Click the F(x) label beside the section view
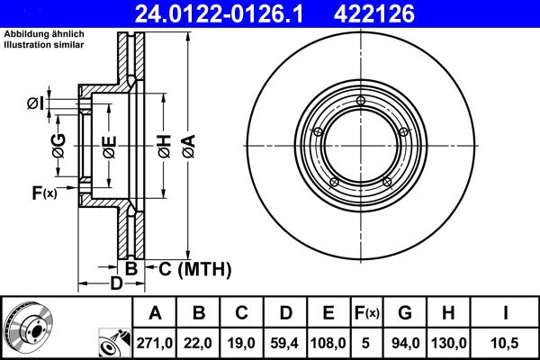click(x=43, y=192)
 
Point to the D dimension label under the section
click(x=116, y=284)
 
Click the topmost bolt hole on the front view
click(x=360, y=100)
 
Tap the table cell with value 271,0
click(x=155, y=343)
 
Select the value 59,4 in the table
click(x=286, y=343)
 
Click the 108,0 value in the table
click(x=329, y=343)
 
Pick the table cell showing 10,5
click(x=506, y=343)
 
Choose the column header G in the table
click(x=405, y=312)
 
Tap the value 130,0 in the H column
click(x=448, y=343)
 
